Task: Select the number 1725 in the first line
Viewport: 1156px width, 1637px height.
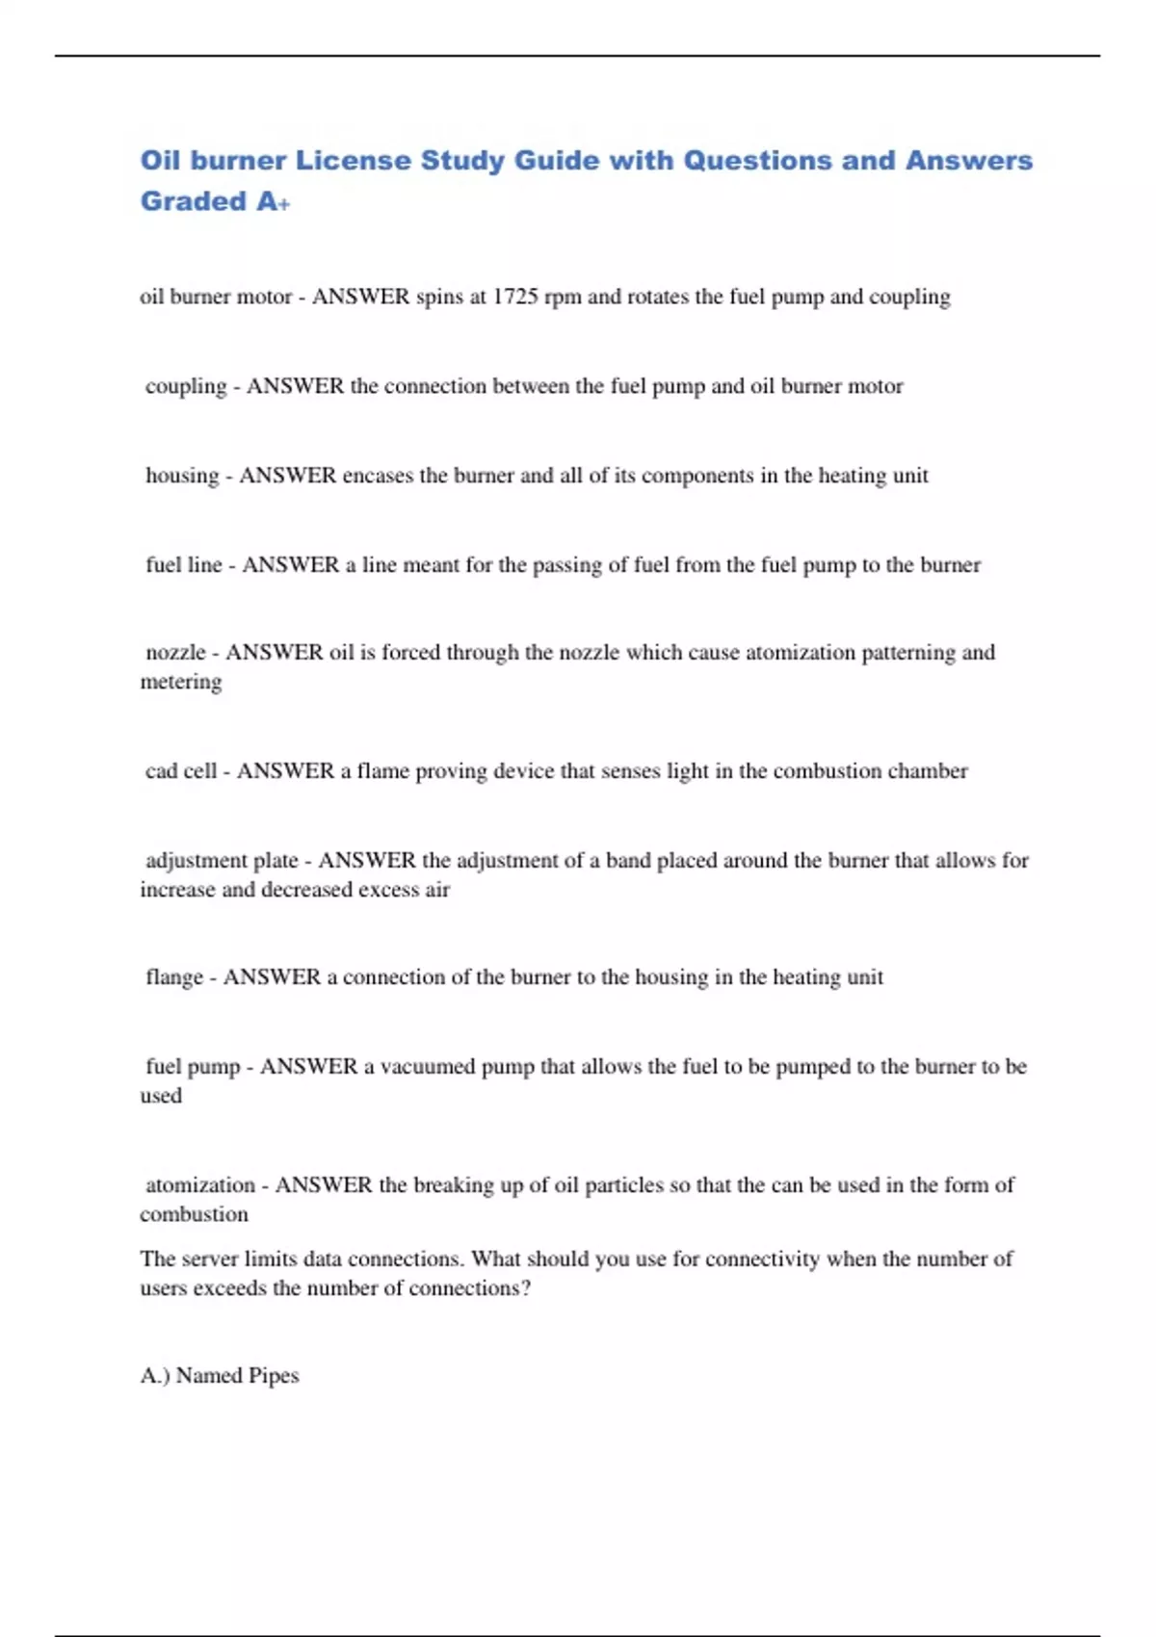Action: [x=515, y=297]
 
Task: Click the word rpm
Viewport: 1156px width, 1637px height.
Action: [x=563, y=297]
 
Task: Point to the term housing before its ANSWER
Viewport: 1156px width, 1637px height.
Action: [x=182, y=476]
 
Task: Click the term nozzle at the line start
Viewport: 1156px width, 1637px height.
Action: [x=175, y=653]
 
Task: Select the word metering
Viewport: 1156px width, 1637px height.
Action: [x=181, y=682]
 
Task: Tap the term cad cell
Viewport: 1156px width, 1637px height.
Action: [x=181, y=771]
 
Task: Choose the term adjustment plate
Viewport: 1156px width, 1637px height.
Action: [x=222, y=860]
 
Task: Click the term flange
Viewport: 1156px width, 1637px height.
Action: [x=174, y=977]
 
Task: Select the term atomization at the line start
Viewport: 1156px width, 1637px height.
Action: [x=200, y=1185]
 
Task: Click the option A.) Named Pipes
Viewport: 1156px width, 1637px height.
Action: [x=220, y=1376]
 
